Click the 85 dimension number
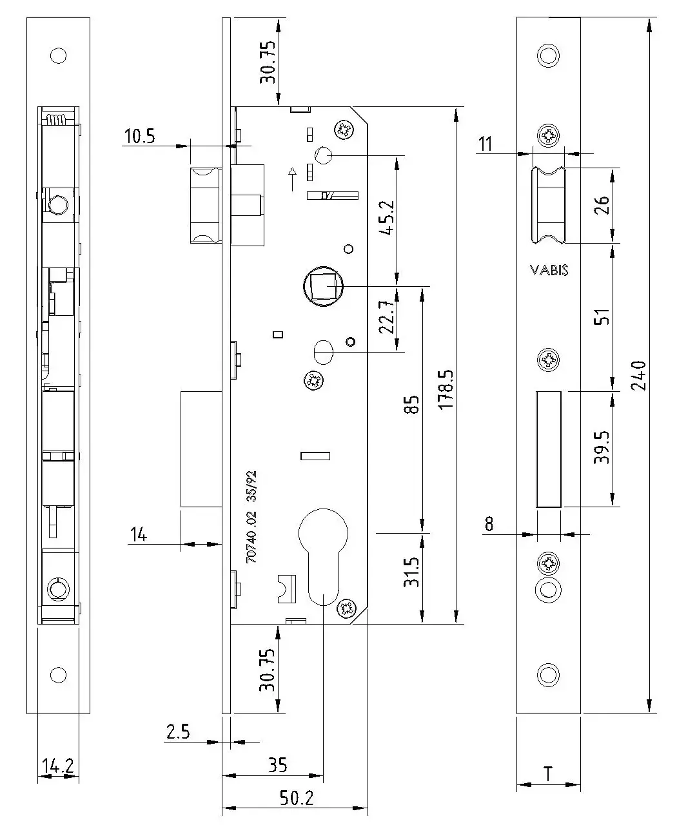pyautogui.click(x=413, y=405)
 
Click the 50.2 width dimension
pyautogui.click(x=297, y=798)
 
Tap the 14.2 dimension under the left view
pyautogui.click(x=58, y=766)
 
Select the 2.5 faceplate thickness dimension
pyautogui.click(x=178, y=732)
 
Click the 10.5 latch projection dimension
pyautogui.click(x=140, y=137)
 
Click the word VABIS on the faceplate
pyautogui.click(x=549, y=271)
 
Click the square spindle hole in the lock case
pyautogui.click(x=322, y=286)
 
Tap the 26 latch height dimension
pyautogui.click(x=601, y=206)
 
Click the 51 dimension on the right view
pyautogui.click(x=601, y=317)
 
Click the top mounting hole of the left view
pyautogui.click(x=58, y=55)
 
